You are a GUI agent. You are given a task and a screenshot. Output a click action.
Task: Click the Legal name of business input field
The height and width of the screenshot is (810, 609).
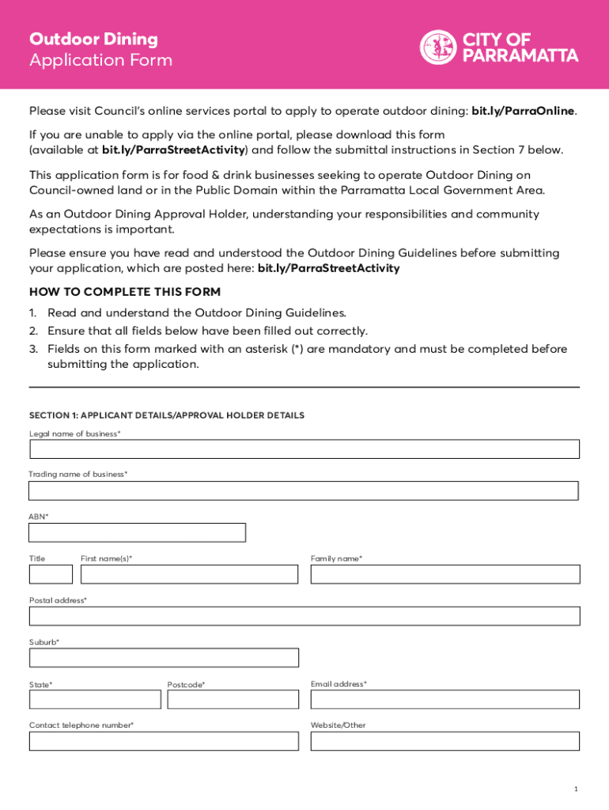pyautogui.click(x=304, y=449)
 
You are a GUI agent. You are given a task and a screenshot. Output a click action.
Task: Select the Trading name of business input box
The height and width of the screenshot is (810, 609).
pyautogui.click(x=304, y=490)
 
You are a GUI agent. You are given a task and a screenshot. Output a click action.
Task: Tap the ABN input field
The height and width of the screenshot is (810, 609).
pyautogui.click(x=138, y=532)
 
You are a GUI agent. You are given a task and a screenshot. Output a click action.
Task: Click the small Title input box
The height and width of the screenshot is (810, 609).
pyautogui.click(x=51, y=574)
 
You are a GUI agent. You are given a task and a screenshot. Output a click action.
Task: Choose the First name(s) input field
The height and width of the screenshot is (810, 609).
pyautogui.click(x=190, y=574)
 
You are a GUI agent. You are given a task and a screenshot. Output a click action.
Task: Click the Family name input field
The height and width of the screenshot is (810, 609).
pyautogui.click(x=444, y=574)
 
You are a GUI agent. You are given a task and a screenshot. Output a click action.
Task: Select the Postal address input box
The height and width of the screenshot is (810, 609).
pyautogui.click(x=304, y=616)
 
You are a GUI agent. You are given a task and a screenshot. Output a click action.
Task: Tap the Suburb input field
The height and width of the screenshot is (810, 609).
pyautogui.click(x=164, y=657)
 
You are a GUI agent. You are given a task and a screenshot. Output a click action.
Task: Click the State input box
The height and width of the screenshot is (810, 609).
pyautogui.click(x=95, y=699)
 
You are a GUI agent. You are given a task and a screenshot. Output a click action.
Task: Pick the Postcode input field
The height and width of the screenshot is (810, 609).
pyautogui.click(x=233, y=699)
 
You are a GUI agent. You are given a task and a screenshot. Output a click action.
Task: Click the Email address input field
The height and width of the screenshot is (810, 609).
pyautogui.click(x=444, y=699)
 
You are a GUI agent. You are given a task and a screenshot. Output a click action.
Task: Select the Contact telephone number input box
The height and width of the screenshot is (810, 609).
pyautogui.click(x=164, y=741)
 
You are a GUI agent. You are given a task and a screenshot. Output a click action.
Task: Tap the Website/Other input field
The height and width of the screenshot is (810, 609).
pyautogui.click(x=444, y=741)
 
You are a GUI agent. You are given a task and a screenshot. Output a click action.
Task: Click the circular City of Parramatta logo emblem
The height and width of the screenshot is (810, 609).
pyautogui.click(x=437, y=47)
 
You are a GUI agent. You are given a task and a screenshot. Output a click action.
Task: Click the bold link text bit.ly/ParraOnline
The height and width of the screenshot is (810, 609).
pyautogui.click(x=523, y=111)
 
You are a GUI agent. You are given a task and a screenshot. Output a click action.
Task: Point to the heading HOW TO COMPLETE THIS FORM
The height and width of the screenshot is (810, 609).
pyautogui.click(x=125, y=292)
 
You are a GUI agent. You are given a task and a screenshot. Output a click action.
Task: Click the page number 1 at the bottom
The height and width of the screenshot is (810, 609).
pyautogui.click(x=577, y=789)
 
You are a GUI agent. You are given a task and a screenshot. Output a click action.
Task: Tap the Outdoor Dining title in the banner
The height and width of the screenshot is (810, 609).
pyautogui.click(x=93, y=39)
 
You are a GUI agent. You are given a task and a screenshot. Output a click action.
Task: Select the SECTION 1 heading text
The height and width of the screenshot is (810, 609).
pyautogui.click(x=167, y=415)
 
